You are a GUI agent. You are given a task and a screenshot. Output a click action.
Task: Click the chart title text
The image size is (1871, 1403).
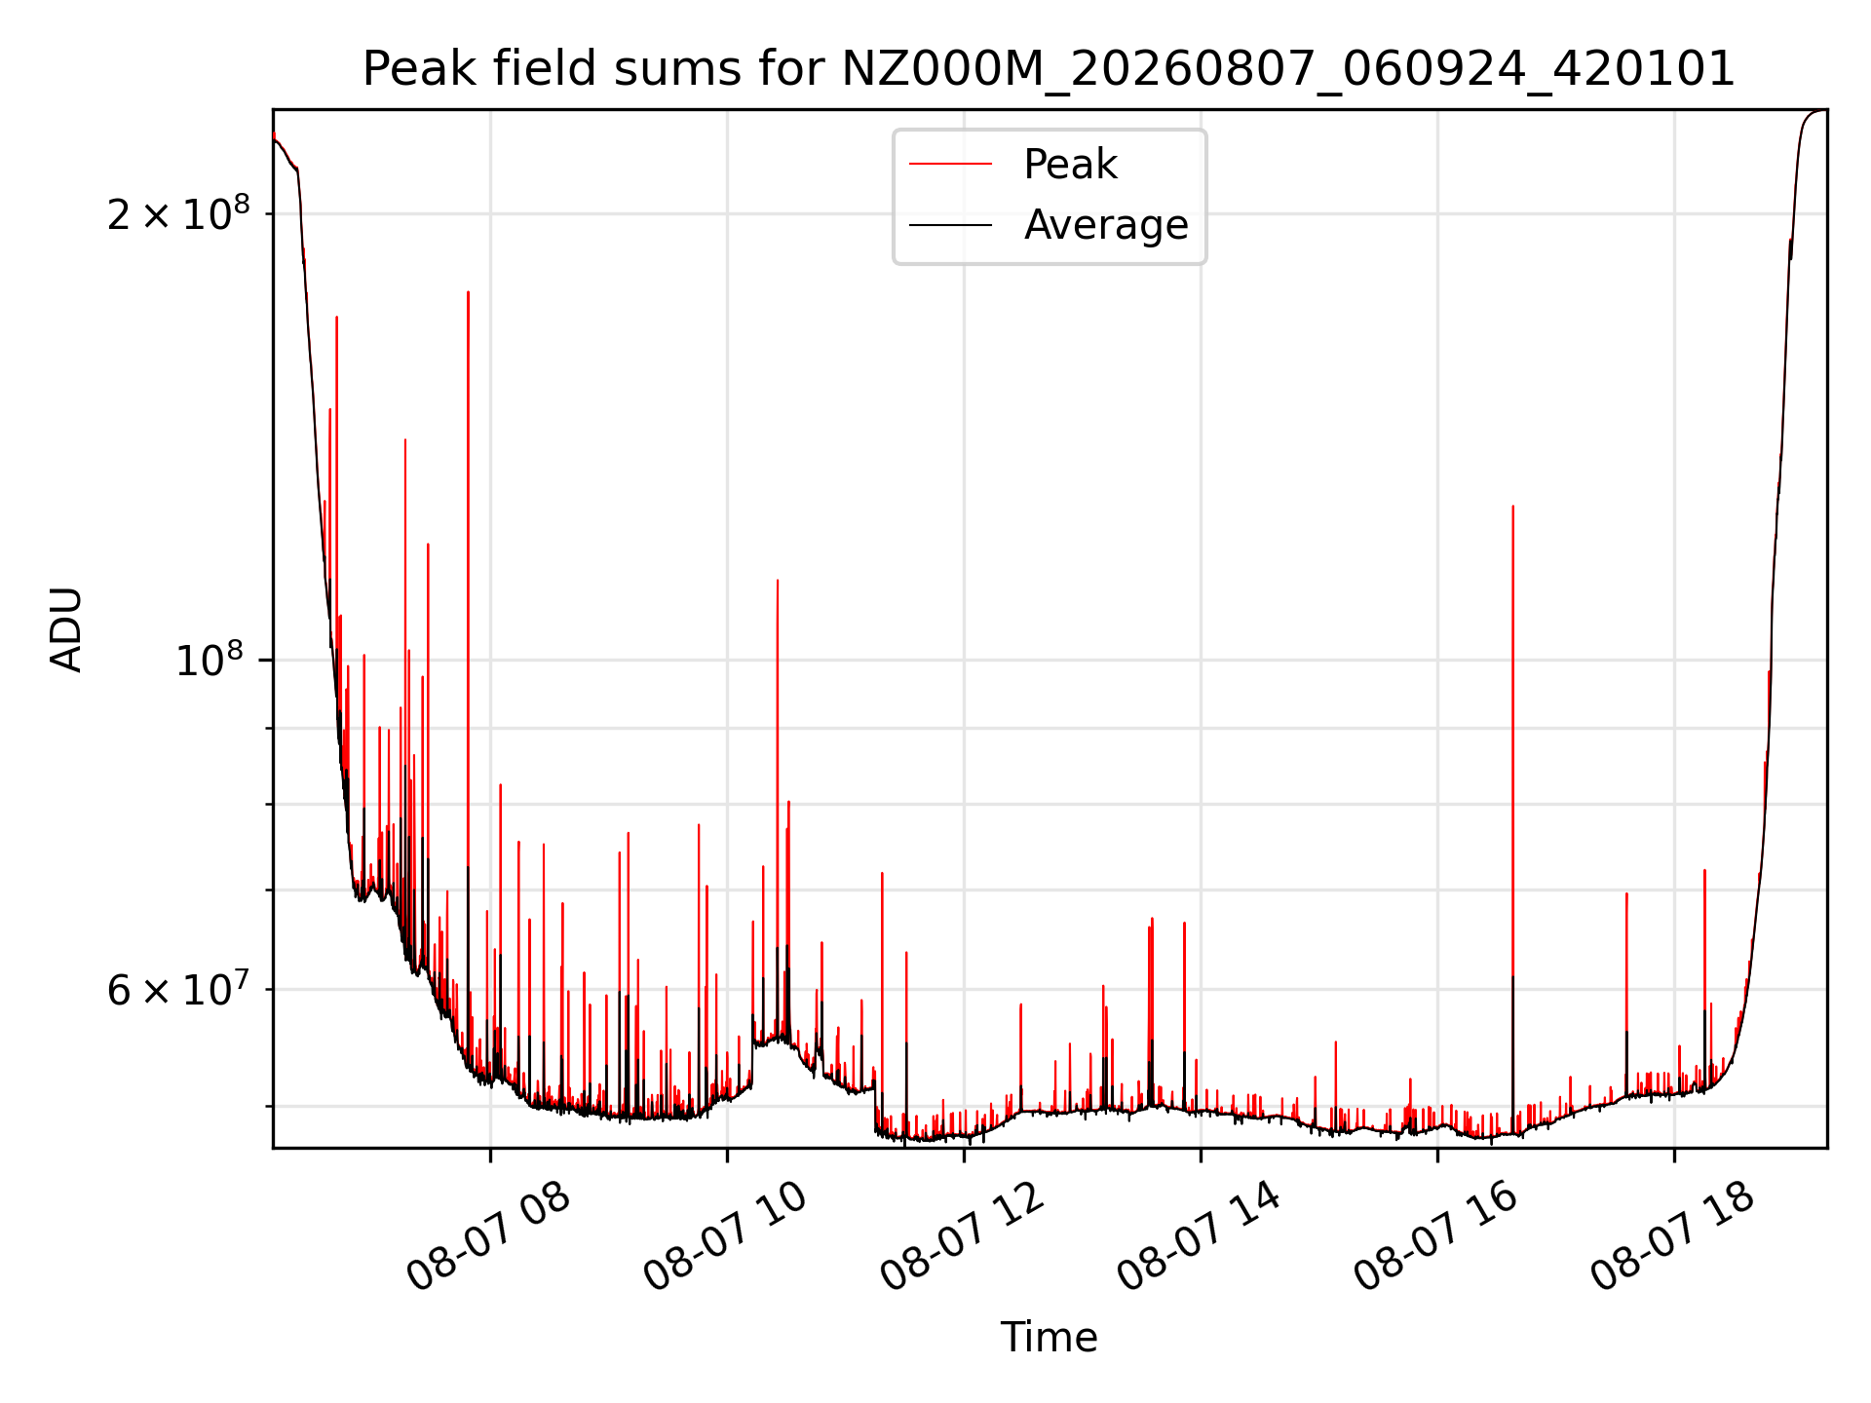tap(1049, 69)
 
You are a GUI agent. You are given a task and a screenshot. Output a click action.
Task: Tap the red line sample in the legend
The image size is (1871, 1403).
tap(951, 165)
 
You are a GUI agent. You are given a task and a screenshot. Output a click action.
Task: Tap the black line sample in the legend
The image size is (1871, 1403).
tap(951, 225)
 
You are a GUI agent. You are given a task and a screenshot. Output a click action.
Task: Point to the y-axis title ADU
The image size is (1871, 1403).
tap(66, 629)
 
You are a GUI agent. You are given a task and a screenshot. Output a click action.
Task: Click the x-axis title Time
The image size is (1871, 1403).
tap(1049, 1338)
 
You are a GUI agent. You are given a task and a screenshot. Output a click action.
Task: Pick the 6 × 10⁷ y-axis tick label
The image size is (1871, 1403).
tap(178, 989)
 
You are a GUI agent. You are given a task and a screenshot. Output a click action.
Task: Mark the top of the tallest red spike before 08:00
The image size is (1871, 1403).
tap(468, 291)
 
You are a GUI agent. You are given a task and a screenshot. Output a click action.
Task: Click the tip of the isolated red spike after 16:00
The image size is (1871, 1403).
tap(1512, 506)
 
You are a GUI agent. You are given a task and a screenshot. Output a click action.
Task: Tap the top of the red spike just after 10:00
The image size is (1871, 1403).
tap(778, 580)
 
